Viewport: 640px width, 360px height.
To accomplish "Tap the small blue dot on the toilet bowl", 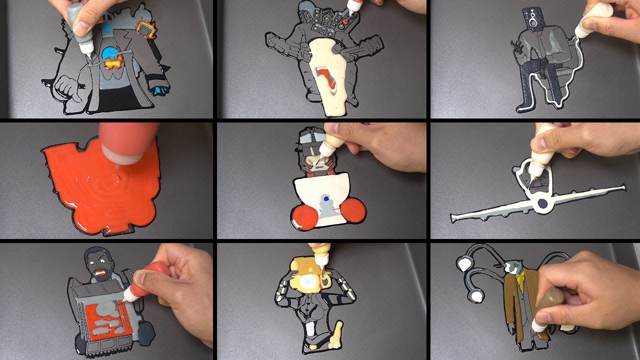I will tap(326, 199).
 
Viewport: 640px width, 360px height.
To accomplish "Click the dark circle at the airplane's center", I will tap(541, 203).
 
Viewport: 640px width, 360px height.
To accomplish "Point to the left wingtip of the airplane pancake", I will tap(454, 218).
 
